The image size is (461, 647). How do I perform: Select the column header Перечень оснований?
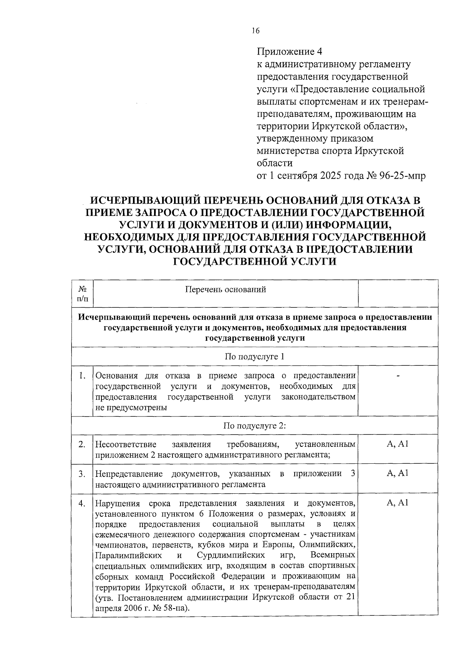[x=226, y=289]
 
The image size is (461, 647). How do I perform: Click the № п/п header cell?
[x=82, y=293]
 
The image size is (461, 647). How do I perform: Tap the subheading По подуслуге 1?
[x=254, y=356]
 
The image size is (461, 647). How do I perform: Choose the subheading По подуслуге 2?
[x=254, y=425]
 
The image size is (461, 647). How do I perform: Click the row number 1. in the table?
[x=82, y=375]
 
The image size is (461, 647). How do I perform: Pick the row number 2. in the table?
[x=82, y=445]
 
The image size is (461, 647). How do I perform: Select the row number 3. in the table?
[x=82, y=474]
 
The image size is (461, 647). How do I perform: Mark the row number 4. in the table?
[x=82, y=503]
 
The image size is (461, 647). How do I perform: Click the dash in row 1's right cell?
[x=398, y=375]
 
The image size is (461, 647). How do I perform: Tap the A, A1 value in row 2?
[x=398, y=444]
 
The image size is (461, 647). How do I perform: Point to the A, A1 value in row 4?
[x=398, y=503]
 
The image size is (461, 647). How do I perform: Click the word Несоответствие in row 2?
[x=126, y=445]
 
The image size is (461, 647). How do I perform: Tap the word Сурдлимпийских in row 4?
[x=230, y=556]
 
